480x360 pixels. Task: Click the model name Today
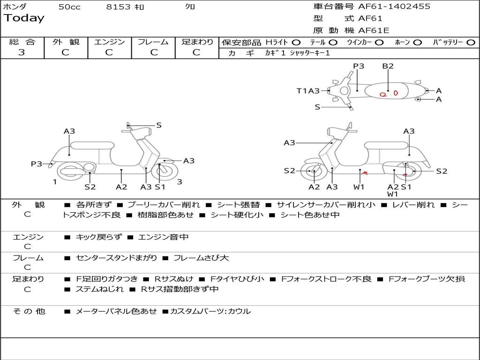(24, 18)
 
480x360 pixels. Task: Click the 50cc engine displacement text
(69, 7)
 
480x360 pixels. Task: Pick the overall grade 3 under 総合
(22, 52)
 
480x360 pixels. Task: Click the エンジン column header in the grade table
(109, 42)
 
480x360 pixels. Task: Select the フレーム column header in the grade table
(153, 42)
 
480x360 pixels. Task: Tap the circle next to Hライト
(296, 42)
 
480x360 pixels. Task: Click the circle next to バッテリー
(471, 42)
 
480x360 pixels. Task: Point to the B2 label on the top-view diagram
(388, 66)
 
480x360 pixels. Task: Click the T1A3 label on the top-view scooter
(308, 91)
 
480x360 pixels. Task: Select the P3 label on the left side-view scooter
(36, 164)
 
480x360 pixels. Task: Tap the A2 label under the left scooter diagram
(121, 187)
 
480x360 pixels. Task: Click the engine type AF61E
(374, 31)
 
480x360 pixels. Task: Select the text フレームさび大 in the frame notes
(201, 258)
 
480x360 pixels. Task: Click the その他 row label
(29, 311)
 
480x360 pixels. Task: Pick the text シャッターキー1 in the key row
(310, 53)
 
